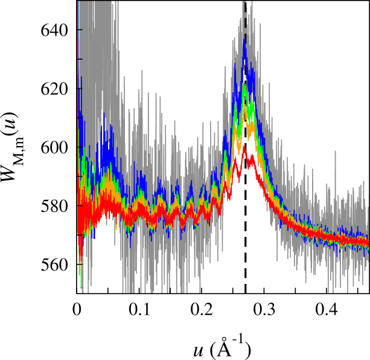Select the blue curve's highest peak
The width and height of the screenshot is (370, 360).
point(244,40)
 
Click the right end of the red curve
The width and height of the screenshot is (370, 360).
point(368,242)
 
